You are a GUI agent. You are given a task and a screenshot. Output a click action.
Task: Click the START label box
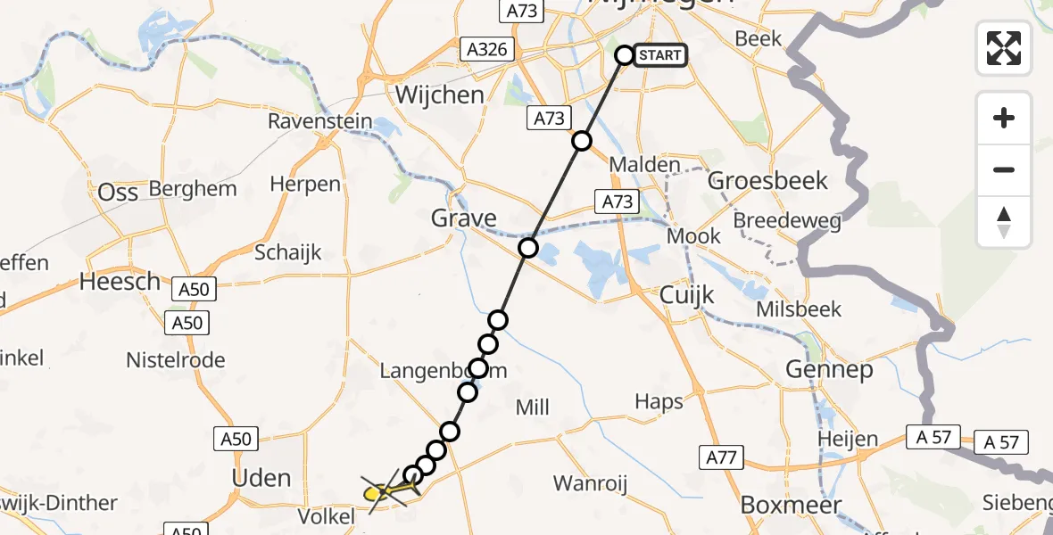pyautogui.click(x=660, y=55)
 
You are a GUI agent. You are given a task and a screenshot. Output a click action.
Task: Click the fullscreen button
pyautogui.click(x=1004, y=47)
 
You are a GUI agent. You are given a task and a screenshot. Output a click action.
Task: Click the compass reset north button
pyautogui.click(x=1004, y=222)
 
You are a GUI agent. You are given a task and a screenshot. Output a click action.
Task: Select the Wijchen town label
pyautogui.click(x=440, y=95)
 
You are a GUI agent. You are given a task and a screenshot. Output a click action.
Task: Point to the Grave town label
pyautogui.click(x=463, y=218)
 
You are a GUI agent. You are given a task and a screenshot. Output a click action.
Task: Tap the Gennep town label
pyautogui.click(x=829, y=369)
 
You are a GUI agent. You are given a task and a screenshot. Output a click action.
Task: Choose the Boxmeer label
pyautogui.click(x=792, y=506)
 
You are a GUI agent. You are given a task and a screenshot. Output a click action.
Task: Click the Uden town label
pyautogui.click(x=261, y=478)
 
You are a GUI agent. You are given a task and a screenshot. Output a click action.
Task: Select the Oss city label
pyautogui.click(x=118, y=192)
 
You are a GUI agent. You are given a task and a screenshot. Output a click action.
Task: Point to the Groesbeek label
pyautogui.click(x=767, y=181)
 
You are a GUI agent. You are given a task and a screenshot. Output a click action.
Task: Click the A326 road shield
pyautogui.click(x=486, y=48)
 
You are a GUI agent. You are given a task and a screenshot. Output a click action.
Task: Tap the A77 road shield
pyautogui.click(x=720, y=458)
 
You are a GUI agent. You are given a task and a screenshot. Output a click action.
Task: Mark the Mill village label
pyautogui.click(x=533, y=407)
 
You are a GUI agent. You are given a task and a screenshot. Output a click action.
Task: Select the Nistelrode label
pyautogui.click(x=176, y=360)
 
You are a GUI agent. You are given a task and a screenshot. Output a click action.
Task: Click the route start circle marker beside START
pyautogui.click(x=625, y=55)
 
